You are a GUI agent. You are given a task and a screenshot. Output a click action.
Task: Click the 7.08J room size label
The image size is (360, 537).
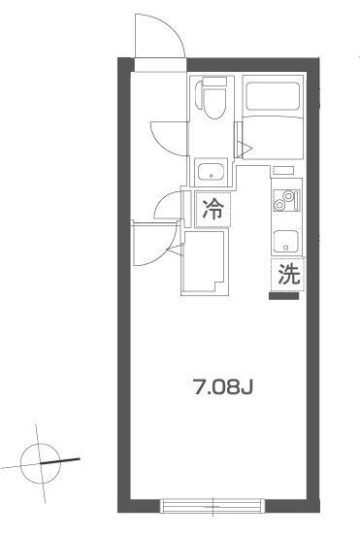223,387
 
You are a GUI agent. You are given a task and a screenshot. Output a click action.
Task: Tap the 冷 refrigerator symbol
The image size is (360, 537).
213,210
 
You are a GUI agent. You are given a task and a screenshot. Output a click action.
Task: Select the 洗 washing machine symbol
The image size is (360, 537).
288,275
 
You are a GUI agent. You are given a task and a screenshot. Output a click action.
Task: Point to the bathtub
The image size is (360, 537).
273,96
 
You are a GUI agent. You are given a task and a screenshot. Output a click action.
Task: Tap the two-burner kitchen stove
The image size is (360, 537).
286,201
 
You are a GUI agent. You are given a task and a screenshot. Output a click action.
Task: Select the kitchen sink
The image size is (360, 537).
286,242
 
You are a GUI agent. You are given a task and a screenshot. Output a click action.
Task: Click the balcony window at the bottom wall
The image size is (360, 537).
213,506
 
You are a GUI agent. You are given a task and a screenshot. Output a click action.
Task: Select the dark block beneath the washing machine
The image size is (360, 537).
283,296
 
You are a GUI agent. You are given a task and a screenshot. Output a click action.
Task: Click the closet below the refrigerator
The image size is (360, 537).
205,262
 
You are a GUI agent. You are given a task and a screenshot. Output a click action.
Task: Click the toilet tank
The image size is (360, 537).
214,82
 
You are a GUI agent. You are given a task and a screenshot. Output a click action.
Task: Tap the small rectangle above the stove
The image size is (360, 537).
283,170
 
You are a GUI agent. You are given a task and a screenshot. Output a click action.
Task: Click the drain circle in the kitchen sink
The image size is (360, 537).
286,248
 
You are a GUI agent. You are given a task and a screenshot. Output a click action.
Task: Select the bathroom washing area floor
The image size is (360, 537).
273,137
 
